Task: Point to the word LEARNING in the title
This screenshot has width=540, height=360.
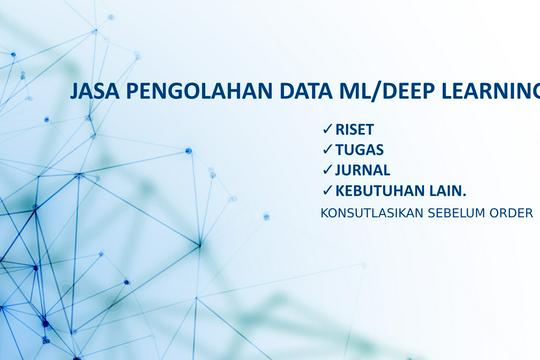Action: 489,92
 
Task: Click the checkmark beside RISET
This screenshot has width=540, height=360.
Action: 328,130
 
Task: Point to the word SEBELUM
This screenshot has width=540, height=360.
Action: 461,212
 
